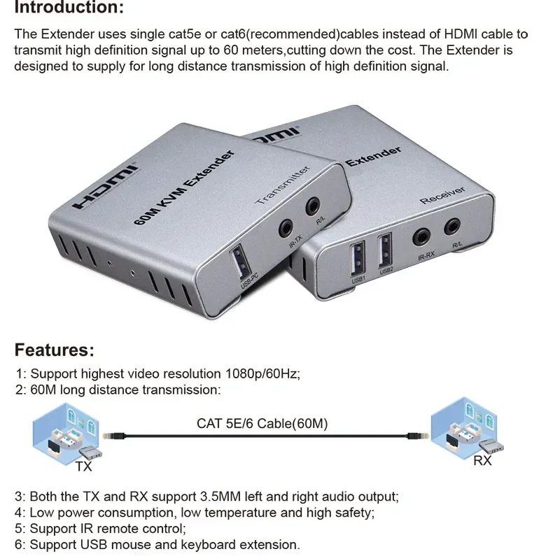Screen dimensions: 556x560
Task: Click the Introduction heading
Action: [x=69, y=8]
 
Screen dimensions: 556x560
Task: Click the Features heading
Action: [x=54, y=350]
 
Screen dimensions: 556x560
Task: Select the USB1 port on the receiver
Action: [x=358, y=255]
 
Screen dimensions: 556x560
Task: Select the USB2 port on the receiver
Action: [x=386, y=250]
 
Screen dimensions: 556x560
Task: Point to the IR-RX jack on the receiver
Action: [x=423, y=236]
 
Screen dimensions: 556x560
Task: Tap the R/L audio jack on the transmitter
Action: [x=313, y=206]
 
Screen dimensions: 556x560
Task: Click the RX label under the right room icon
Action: [x=482, y=460]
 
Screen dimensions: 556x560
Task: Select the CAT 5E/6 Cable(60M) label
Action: [x=262, y=423]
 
